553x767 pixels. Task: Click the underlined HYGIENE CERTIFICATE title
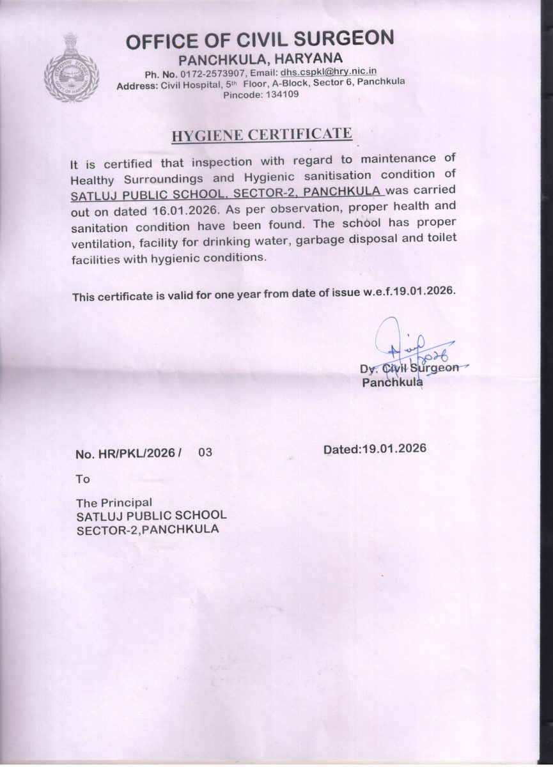click(x=262, y=135)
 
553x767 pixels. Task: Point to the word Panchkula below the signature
click(x=392, y=383)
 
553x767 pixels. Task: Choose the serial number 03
click(x=205, y=453)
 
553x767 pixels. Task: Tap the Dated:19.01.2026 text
click(x=375, y=449)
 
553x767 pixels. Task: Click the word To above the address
click(x=83, y=479)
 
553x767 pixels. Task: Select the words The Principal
click(x=114, y=502)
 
